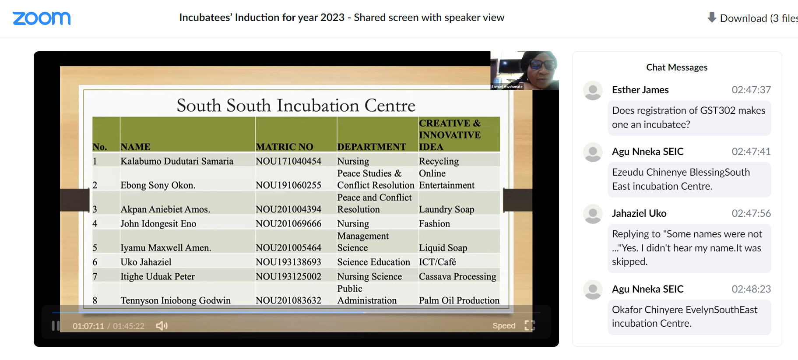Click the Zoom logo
coord(42,18)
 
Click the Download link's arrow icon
coord(712,18)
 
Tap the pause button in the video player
coord(56,326)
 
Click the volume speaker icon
coord(162,326)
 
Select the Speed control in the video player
coord(504,326)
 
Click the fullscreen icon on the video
coord(530,325)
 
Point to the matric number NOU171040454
coord(288,161)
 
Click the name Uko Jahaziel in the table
coord(146,262)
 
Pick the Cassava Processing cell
coord(457,276)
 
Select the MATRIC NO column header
coord(285,147)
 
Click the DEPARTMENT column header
coord(372,147)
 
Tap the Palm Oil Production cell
coord(459,300)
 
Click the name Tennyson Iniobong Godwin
coord(176,300)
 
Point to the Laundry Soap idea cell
coord(446,209)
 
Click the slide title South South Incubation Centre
coord(296,106)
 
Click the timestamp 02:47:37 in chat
coord(751,90)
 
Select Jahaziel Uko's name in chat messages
coord(639,213)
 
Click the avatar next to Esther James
coord(593,90)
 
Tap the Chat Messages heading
coord(677,67)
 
